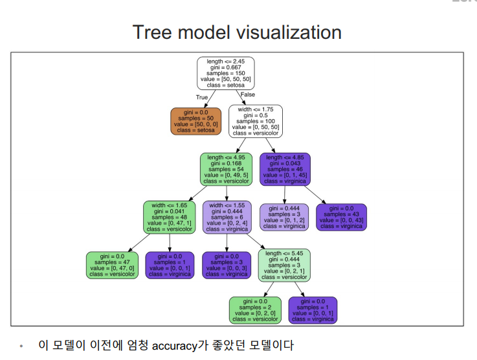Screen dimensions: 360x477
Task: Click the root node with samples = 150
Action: click(225, 73)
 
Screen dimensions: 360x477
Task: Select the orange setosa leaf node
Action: click(197, 121)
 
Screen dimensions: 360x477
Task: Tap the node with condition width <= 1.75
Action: click(256, 121)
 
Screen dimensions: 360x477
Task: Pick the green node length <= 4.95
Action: click(226, 168)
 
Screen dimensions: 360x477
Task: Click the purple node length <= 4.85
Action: click(285, 168)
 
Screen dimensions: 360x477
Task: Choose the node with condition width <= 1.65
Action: click(170, 217)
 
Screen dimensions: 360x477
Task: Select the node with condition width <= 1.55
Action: click(226, 217)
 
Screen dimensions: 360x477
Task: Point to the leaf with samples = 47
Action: click(112, 265)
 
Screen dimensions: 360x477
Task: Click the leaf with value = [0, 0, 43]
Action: click(340, 217)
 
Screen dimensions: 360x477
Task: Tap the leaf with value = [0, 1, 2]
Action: click(284, 217)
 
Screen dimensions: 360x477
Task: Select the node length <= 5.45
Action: click(283, 265)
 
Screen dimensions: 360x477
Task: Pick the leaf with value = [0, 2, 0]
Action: click(255, 310)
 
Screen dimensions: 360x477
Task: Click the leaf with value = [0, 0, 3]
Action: click(227, 265)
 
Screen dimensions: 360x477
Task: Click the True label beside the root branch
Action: click(202, 98)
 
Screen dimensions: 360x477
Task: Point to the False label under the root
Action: click(247, 95)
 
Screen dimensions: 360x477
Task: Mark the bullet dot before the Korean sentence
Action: click(21, 347)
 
